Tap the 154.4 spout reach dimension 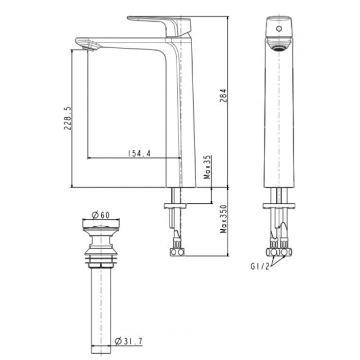coord(140,153)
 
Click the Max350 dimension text coord(223,219)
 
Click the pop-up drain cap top coord(100,226)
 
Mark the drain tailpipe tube coord(100,306)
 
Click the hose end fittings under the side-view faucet coord(177,252)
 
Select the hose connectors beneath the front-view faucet coord(279,252)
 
